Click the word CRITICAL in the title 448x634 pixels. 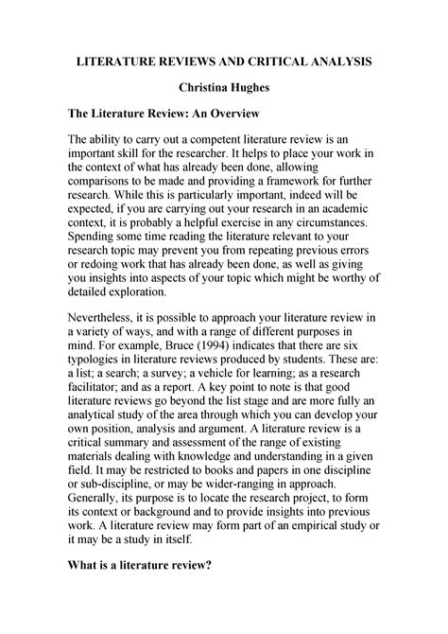(284, 60)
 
